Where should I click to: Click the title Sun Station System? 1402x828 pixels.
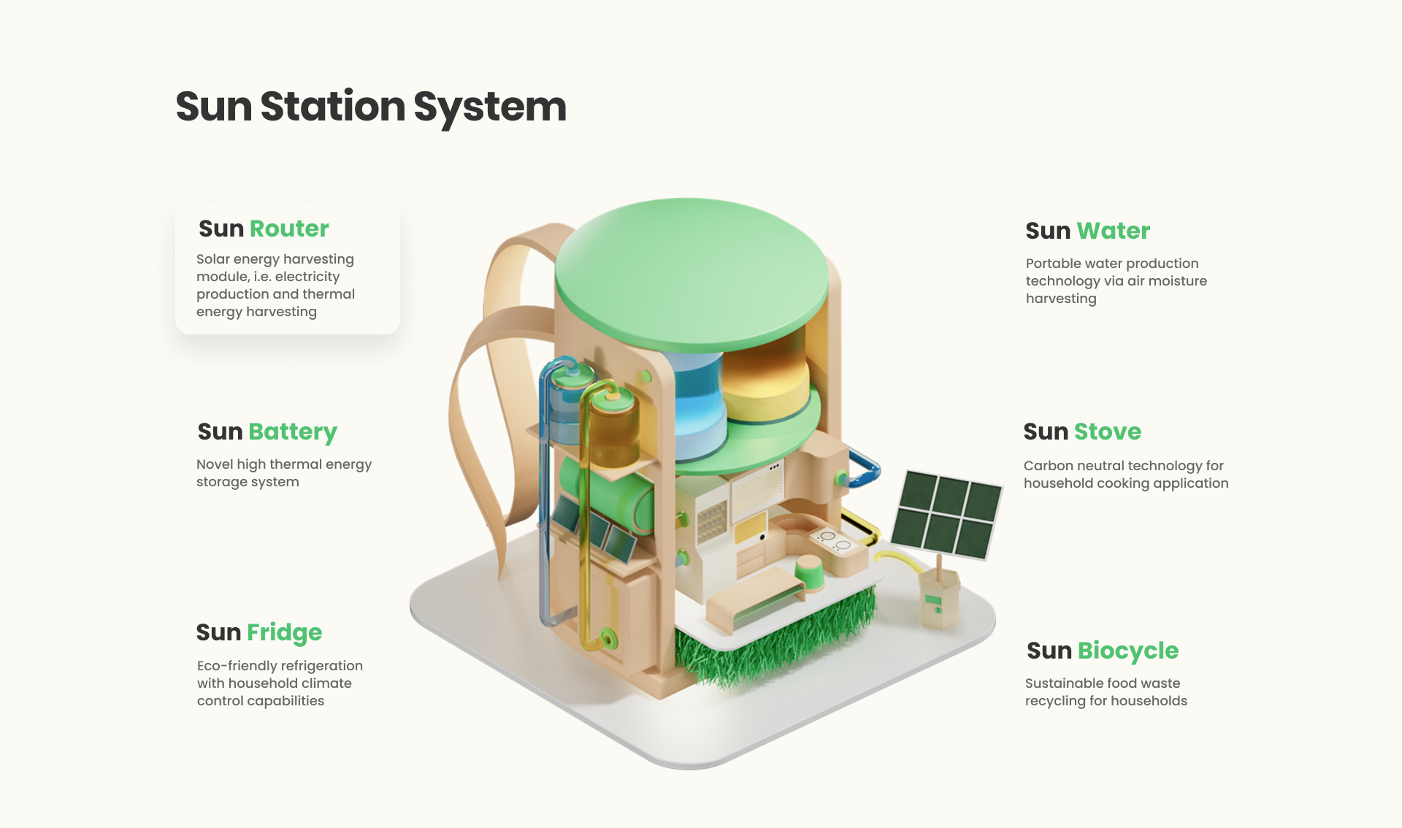(371, 107)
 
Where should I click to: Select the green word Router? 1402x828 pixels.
(289, 229)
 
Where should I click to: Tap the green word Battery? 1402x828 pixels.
(293, 432)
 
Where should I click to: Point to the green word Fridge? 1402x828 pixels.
(285, 633)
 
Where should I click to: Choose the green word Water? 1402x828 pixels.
(1114, 231)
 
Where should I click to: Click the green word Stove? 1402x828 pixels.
(1108, 432)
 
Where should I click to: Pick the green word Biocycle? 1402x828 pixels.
(1128, 651)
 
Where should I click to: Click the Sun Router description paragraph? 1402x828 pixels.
(275, 285)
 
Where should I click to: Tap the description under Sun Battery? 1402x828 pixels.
(284, 473)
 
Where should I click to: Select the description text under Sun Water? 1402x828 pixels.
(1116, 281)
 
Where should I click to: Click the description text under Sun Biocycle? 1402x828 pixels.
(1106, 692)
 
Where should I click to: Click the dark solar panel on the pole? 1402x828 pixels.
(946, 514)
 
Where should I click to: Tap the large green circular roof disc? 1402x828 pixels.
(692, 274)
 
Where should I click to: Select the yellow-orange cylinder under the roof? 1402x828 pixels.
(765, 383)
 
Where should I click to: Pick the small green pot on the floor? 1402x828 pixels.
(809, 572)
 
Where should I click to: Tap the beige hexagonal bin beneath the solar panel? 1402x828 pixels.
(938, 597)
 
